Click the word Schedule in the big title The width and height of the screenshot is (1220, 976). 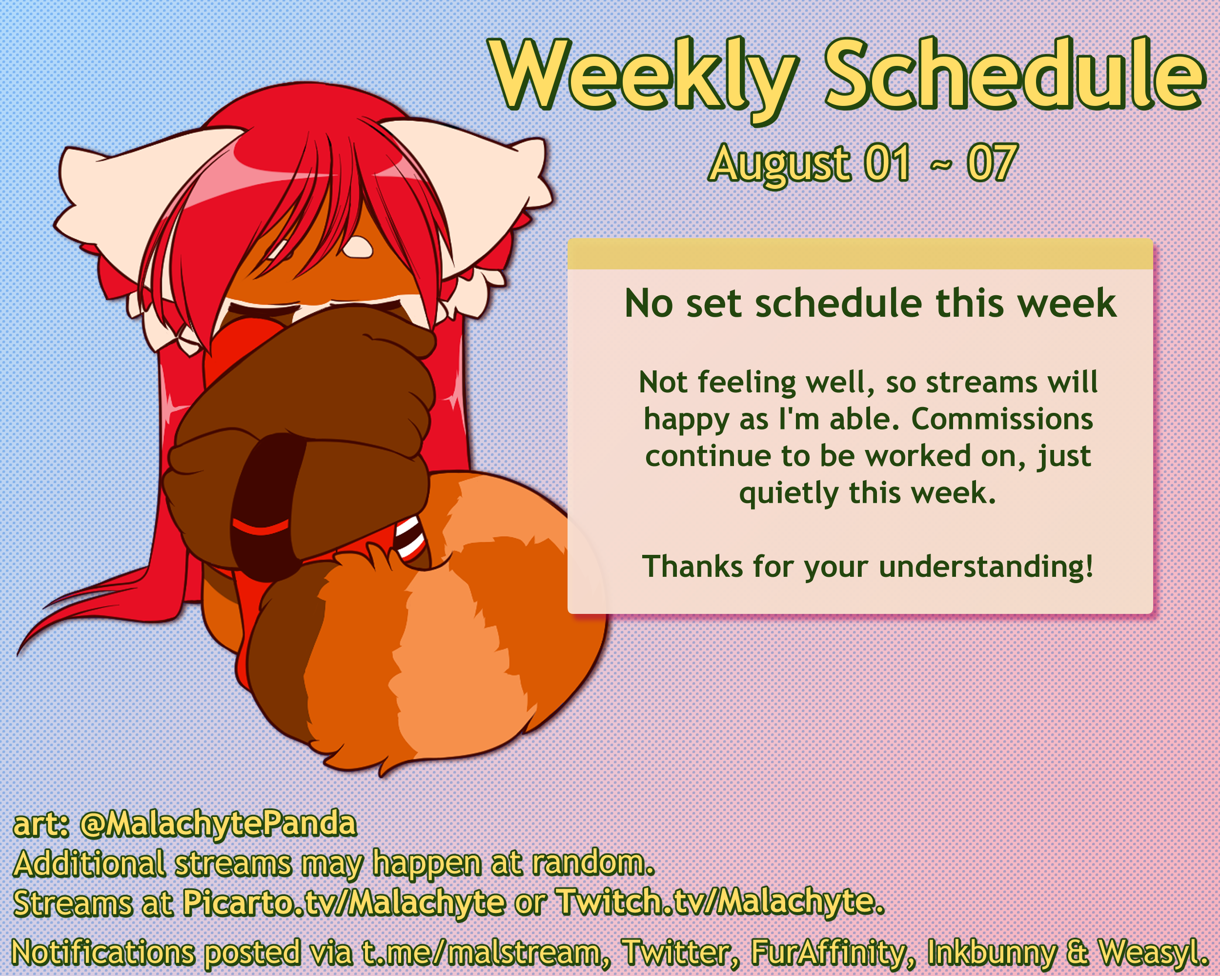[x=1015, y=74]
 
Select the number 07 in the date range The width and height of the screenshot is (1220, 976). [x=992, y=163]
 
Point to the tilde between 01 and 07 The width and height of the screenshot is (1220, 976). [x=939, y=164]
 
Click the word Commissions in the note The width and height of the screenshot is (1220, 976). [x=1002, y=419]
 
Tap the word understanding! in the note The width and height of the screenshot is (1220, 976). [x=986, y=567]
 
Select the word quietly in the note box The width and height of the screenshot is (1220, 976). [x=788, y=493]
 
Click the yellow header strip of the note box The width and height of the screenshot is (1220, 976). [x=860, y=254]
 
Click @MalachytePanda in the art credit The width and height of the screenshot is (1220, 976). [x=219, y=823]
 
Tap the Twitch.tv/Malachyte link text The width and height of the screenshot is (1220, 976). [x=720, y=902]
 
